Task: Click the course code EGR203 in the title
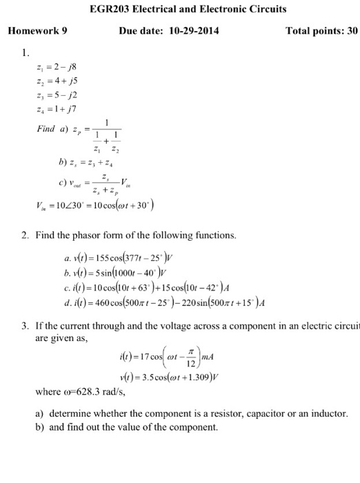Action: point(109,10)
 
